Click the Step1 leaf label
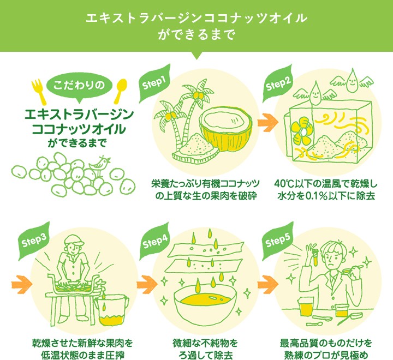coord(154,83)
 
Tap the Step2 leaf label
coord(277,83)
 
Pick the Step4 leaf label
coord(154,241)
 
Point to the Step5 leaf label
coord(277,241)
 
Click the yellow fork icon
coord(38,92)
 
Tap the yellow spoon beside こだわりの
coord(120,91)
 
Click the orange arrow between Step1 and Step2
coord(267,123)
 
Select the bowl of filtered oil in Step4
coord(205,303)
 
